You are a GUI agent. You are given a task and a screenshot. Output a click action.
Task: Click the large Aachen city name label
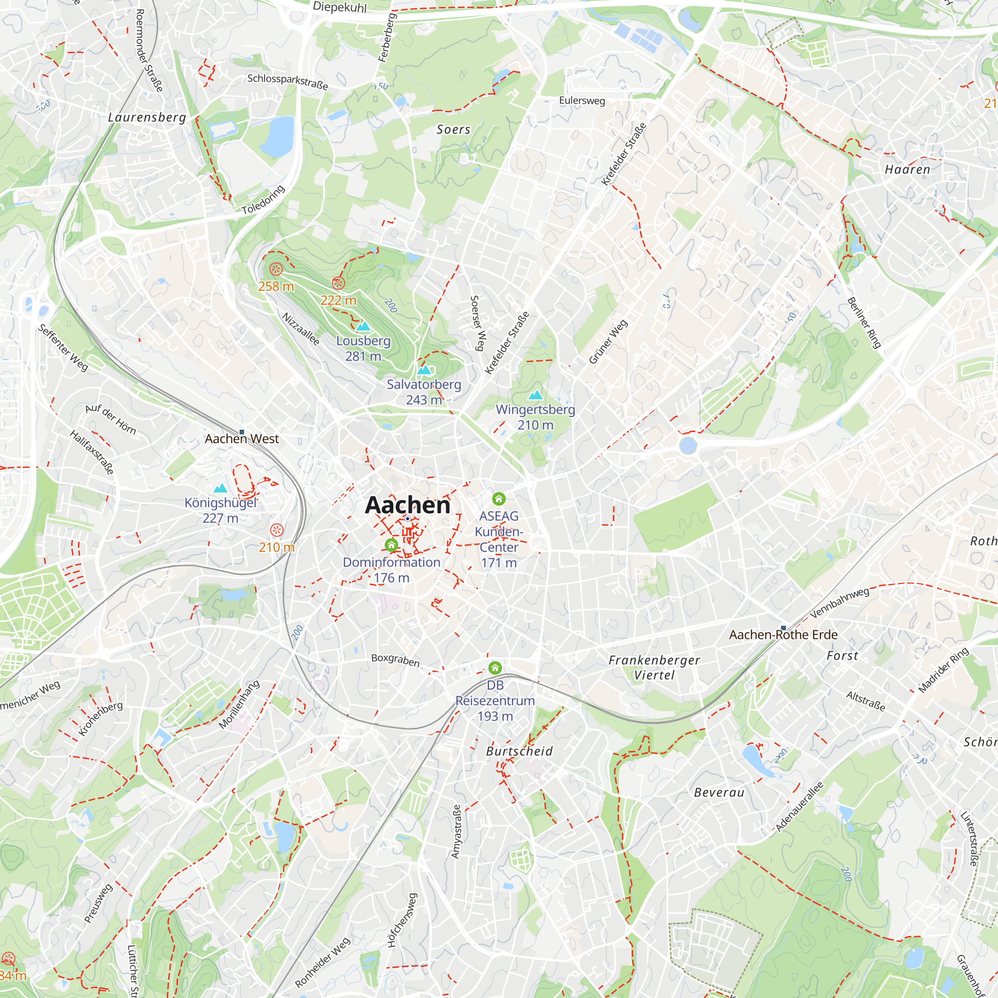point(408,505)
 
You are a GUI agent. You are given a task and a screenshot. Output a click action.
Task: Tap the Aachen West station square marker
point(242,432)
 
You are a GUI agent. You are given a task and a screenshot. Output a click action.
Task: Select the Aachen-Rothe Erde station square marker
point(783,628)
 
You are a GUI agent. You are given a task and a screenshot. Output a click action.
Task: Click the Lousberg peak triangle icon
point(363,326)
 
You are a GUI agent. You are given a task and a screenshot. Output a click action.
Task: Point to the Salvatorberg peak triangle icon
point(424,370)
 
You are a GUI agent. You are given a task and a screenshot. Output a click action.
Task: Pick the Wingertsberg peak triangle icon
point(535,395)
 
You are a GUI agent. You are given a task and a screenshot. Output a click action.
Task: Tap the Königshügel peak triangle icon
point(221,488)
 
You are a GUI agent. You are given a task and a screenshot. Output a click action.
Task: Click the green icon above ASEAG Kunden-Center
point(499,499)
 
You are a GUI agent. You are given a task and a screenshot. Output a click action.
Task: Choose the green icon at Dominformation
point(392,544)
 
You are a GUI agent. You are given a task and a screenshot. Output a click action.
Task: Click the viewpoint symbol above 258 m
point(276,269)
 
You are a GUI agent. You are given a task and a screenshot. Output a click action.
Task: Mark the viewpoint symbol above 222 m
point(338,282)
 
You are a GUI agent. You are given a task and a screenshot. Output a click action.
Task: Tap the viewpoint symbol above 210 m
point(277,530)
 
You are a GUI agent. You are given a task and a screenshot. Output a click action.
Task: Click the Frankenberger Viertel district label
point(654,667)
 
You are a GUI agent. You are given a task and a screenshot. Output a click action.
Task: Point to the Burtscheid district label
point(519,751)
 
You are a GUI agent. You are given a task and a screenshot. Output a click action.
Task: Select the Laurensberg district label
point(147,117)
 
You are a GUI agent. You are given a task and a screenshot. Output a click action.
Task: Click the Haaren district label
point(907,170)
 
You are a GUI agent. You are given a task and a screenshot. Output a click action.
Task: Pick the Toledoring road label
point(263,200)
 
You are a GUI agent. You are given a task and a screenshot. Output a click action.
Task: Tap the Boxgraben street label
point(395,660)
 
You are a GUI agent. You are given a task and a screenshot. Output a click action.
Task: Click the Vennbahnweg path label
point(839,602)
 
